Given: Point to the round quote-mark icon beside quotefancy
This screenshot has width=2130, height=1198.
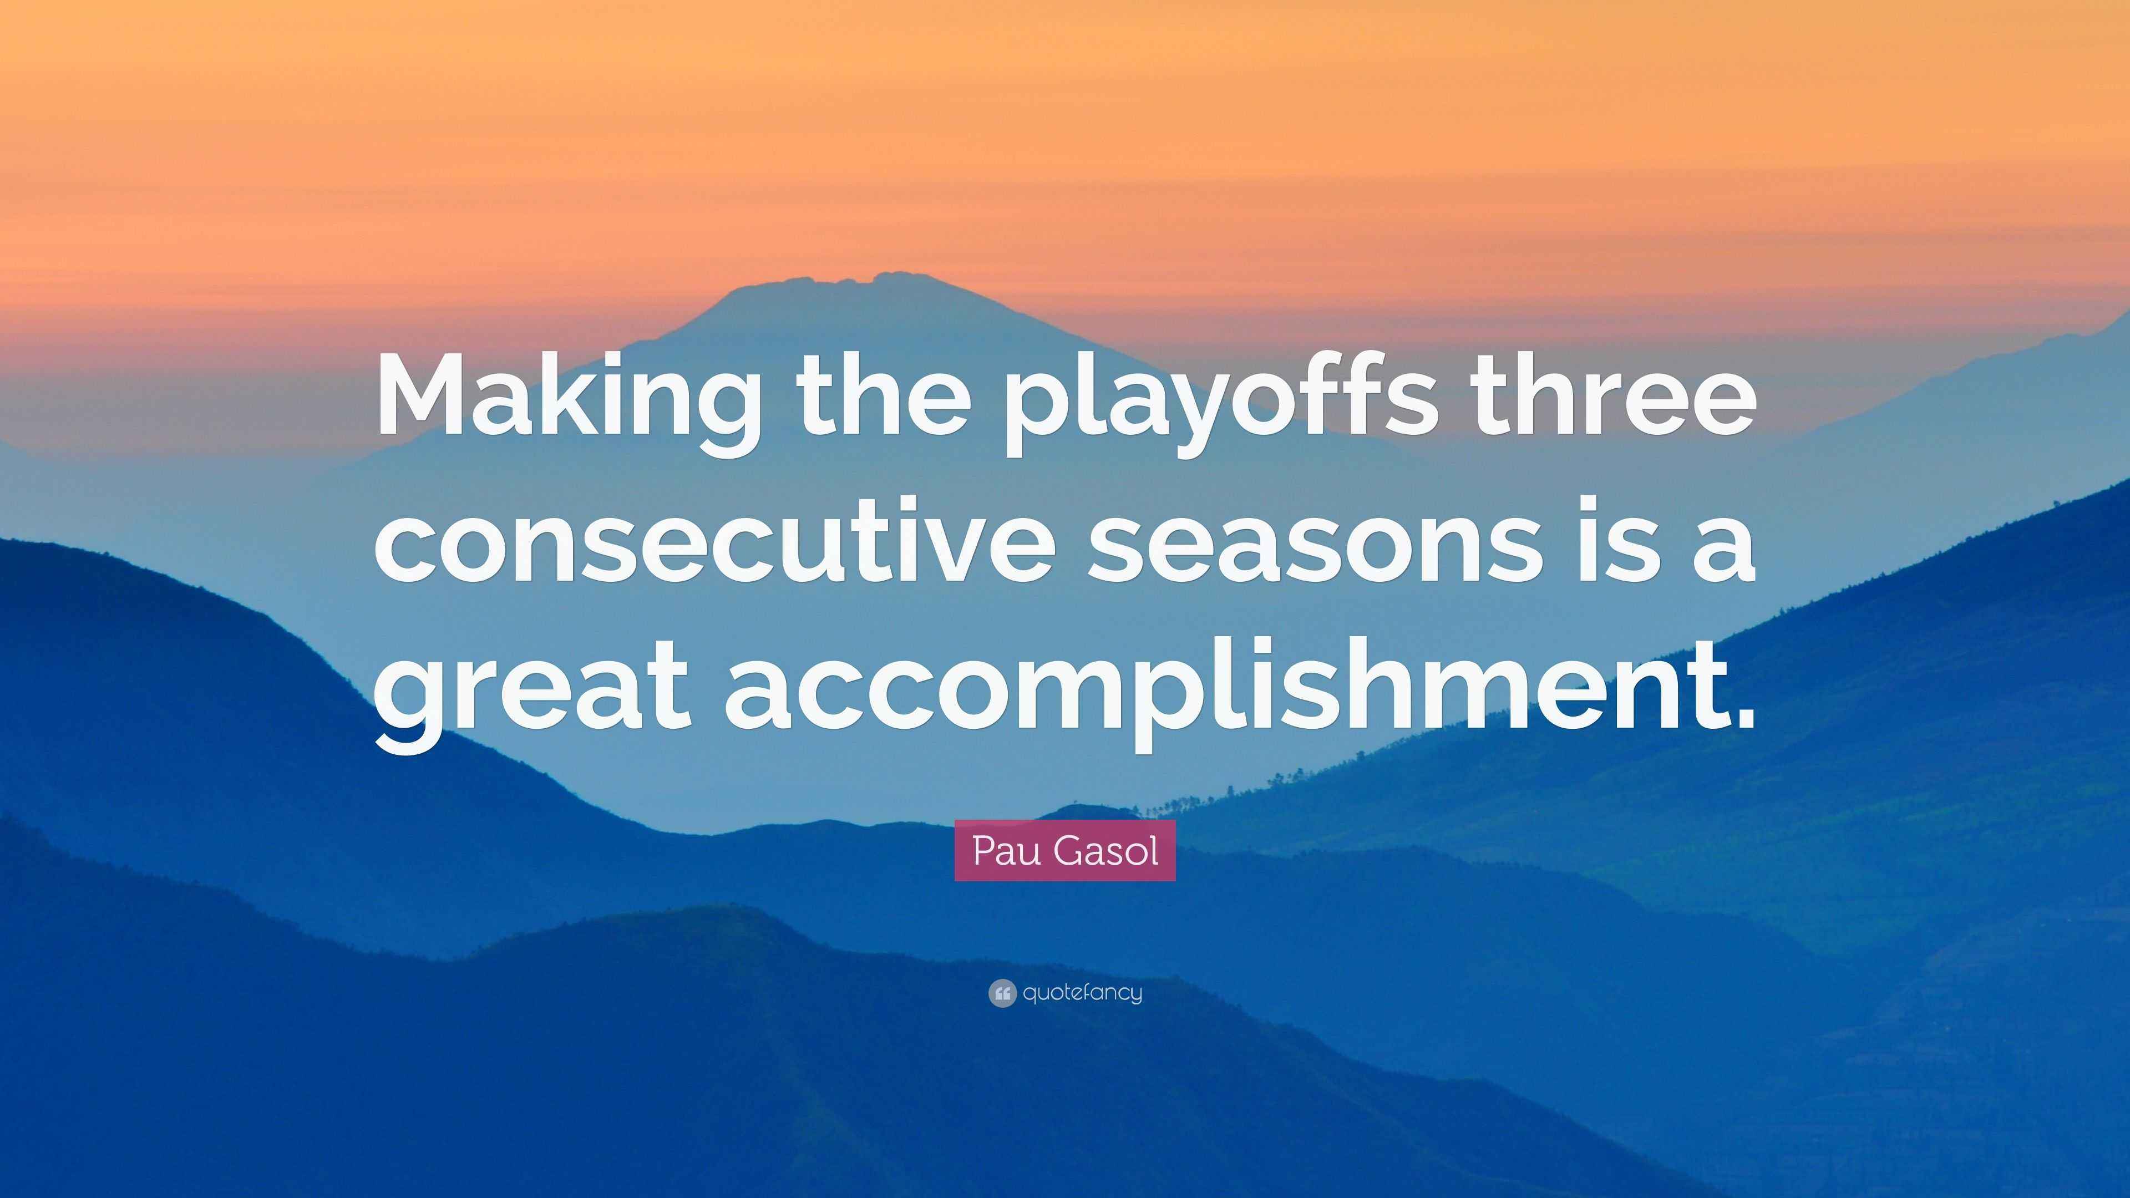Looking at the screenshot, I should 1001,993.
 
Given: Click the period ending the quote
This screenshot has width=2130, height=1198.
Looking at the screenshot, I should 1738,718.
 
